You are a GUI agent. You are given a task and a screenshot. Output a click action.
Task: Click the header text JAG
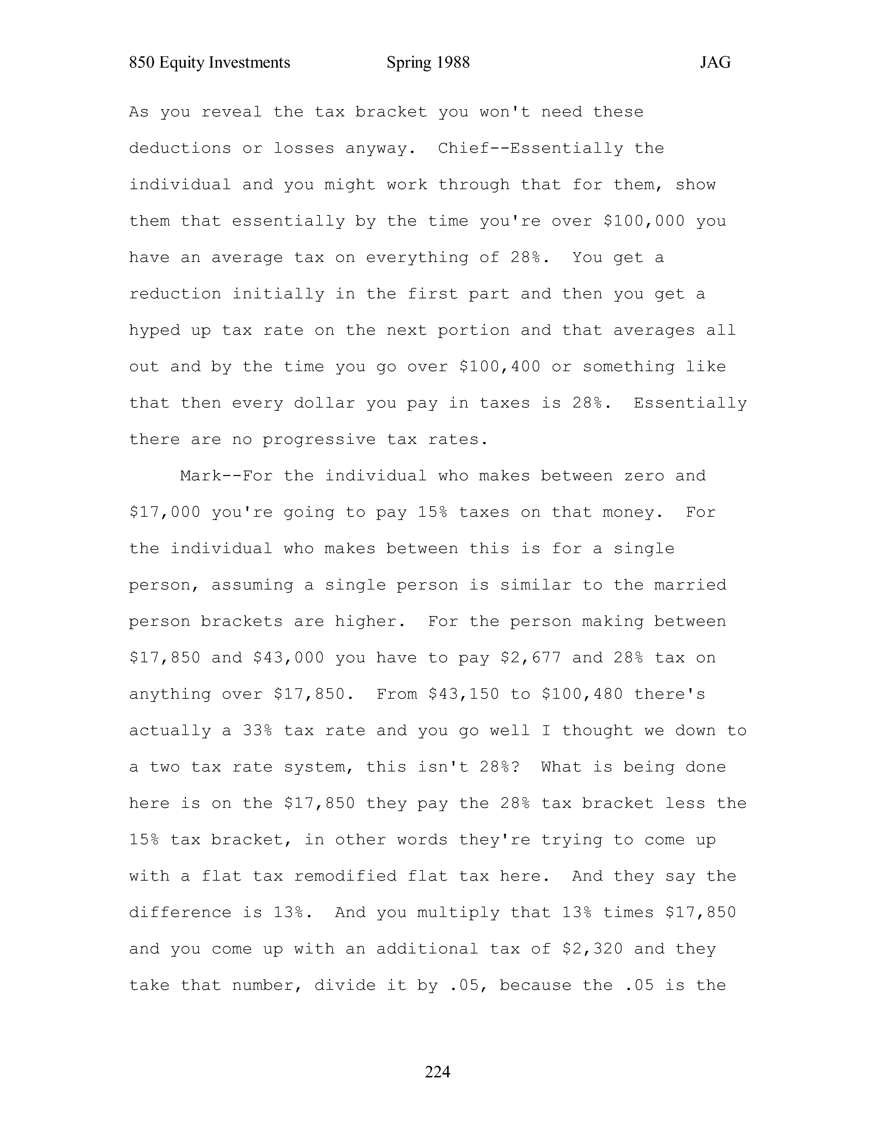click(715, 63)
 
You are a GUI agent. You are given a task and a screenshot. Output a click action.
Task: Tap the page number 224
click(437, 1071)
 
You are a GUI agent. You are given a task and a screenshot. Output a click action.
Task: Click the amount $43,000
click(289, 658)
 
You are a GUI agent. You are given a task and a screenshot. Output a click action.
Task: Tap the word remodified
click(345, 876)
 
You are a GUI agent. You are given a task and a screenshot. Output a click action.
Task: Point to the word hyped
click(155, 330)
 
